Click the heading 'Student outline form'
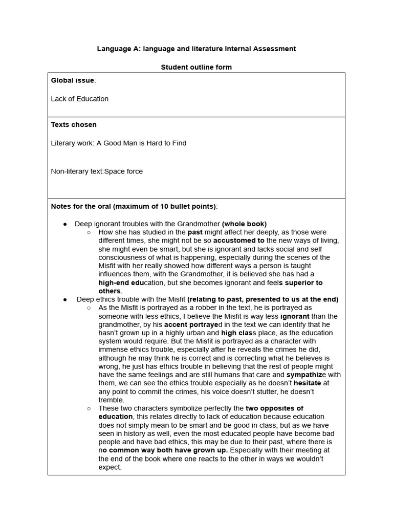(196, 67)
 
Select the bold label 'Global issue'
(72, 80)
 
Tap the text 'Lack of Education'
(79, 99)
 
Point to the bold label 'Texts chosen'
(74, 124)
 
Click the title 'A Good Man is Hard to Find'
(141, 143)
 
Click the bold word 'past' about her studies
(195, 232)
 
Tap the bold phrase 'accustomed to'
(239, 241)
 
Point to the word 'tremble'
(111, 400)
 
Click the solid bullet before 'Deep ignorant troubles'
(65, 224)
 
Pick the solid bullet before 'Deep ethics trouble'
(65, 299)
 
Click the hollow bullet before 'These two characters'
(89, 408)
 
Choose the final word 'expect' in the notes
(109, 467)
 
